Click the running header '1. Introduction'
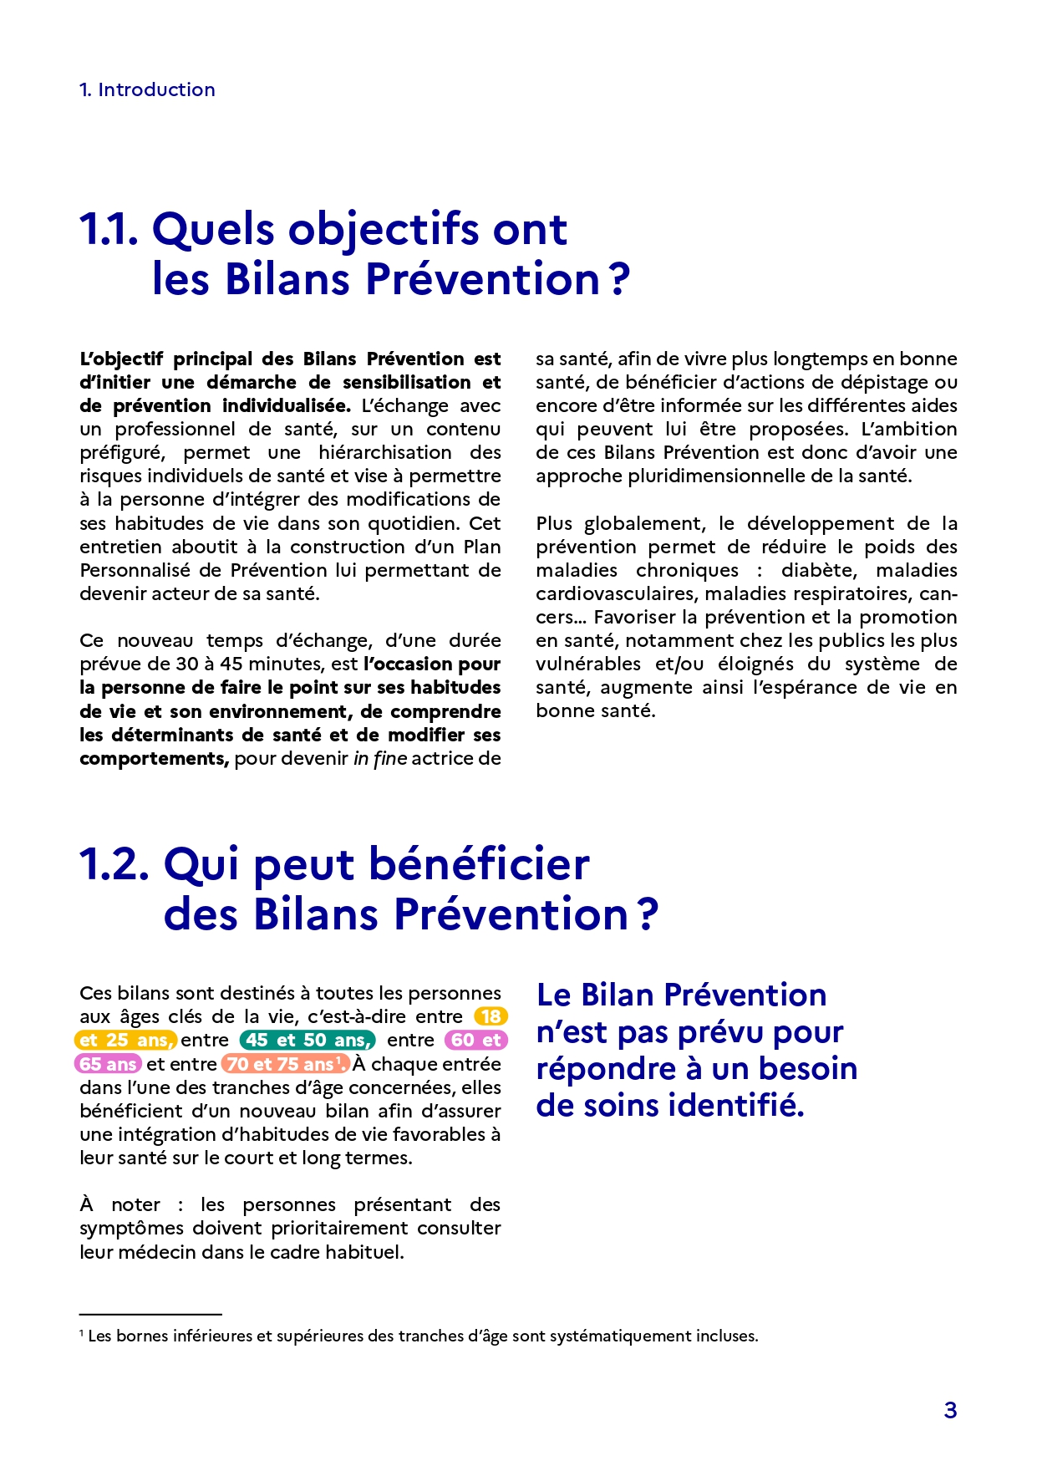147,89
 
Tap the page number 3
950,1410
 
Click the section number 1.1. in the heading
109,229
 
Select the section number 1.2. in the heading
114,863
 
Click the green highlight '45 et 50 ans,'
308,1040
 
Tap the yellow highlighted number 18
491,1016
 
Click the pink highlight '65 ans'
108,1064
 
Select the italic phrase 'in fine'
380,758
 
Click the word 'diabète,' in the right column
819,570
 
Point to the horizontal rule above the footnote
150,1315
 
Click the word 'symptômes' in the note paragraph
131,1228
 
